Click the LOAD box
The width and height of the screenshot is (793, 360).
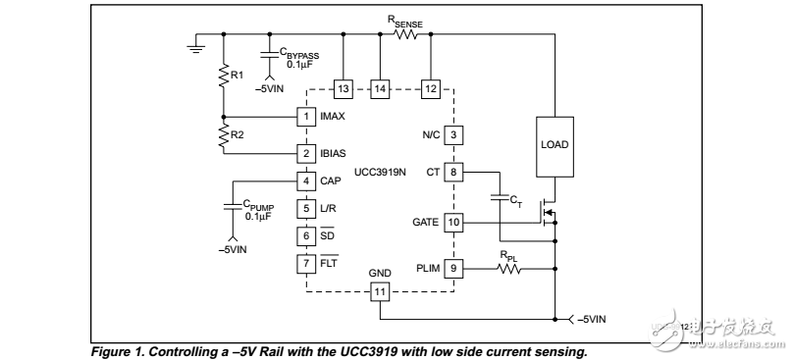click(x=555, y=145)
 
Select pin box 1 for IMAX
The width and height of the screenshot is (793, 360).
click(x=306, y=117)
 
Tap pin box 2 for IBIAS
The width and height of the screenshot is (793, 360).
click(x=306, y=153)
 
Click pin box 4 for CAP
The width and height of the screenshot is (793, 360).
click(x=306, y=180)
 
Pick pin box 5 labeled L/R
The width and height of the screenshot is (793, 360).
click(x=306, y=208)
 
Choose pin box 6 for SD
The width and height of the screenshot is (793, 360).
click(x=306, y=235)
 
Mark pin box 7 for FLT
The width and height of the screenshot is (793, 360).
click(x=306, y=263)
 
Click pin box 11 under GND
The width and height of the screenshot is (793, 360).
click(x=380, y=290)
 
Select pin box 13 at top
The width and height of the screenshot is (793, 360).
click(x=344, y=89)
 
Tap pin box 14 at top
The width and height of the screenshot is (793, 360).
click(x=380, y=89)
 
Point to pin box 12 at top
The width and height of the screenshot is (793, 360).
click(x=429, y=89)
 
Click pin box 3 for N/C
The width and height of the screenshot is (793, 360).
click(x=452, y=134)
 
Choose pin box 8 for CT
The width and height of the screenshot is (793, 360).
click(x=452, y=172)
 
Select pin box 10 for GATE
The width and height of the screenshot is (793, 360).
click(x=452, y=223)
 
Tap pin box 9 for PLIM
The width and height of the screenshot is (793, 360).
click(x=452, y=266)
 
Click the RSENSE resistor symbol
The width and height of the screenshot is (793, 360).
click(x=405, y=34)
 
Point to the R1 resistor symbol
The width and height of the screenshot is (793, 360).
click(x=223, y=74)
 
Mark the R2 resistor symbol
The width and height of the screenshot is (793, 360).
click(x=223, y=136)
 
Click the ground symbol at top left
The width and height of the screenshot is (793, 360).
click(x=197, y=44)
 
